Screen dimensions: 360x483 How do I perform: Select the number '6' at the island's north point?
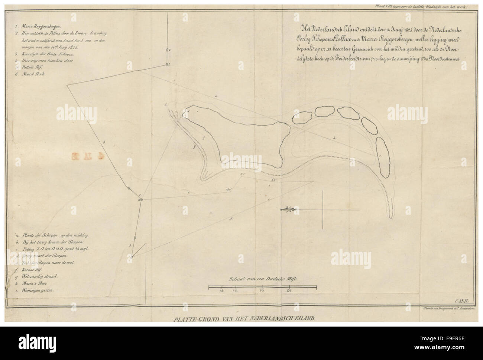[188, 111]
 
